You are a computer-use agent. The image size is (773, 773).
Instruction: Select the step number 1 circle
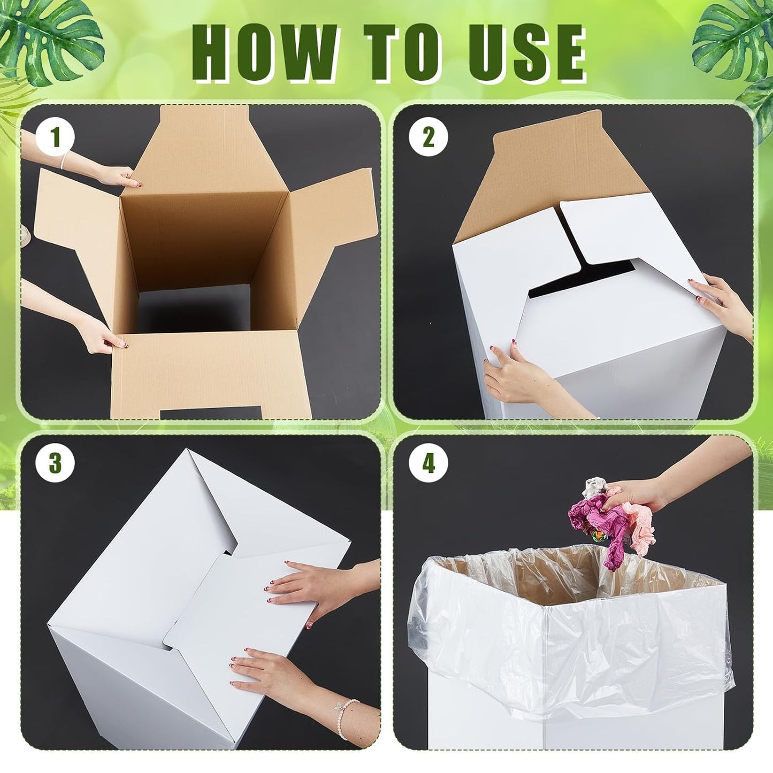pos(55,138)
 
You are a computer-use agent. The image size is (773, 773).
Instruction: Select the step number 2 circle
pos(428,138)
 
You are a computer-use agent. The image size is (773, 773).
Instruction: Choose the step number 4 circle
pos(428,464)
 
